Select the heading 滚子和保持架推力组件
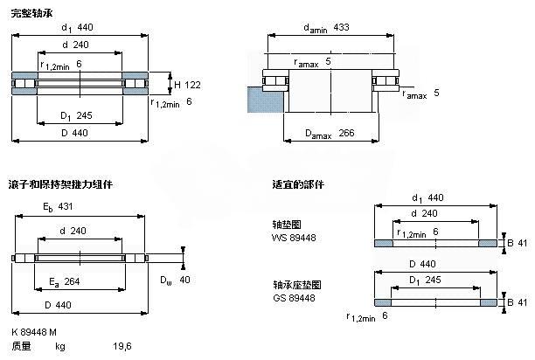coord(60,184)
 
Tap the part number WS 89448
coord(293,238)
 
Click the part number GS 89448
coord(293,297)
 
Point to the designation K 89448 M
coord(35,334)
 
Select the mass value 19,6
coord(121,347)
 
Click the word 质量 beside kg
coord(21,347)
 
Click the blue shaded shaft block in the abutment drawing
coord(260,98)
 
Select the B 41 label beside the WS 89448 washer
coord(518,243)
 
